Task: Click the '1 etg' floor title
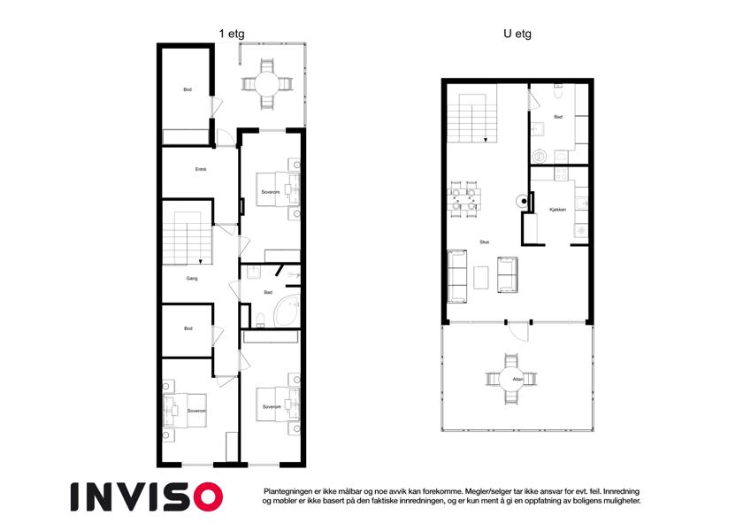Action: click(232, 34)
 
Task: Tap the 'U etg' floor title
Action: click(517, 34)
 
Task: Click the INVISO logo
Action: click(147, 497)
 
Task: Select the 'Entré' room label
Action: click(201, 169)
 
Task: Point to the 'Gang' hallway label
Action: click(192, 278)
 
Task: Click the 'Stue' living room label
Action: click(485, 242)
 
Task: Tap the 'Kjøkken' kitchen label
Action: click(558, 210)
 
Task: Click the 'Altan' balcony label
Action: click(518, 379)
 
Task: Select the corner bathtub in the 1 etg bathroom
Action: click(286, 311)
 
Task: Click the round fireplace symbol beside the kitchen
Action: click(522, 201)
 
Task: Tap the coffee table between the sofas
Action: click(481, 278)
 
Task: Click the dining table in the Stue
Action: click(464, 199)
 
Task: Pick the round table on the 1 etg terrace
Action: click(267, 85)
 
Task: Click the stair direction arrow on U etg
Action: click(486, 140)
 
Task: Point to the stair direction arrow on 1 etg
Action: click(200, 262)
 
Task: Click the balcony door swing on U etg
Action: click(519, 332)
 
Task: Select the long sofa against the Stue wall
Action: click(457, 276)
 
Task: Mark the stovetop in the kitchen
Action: click(561, 173)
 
